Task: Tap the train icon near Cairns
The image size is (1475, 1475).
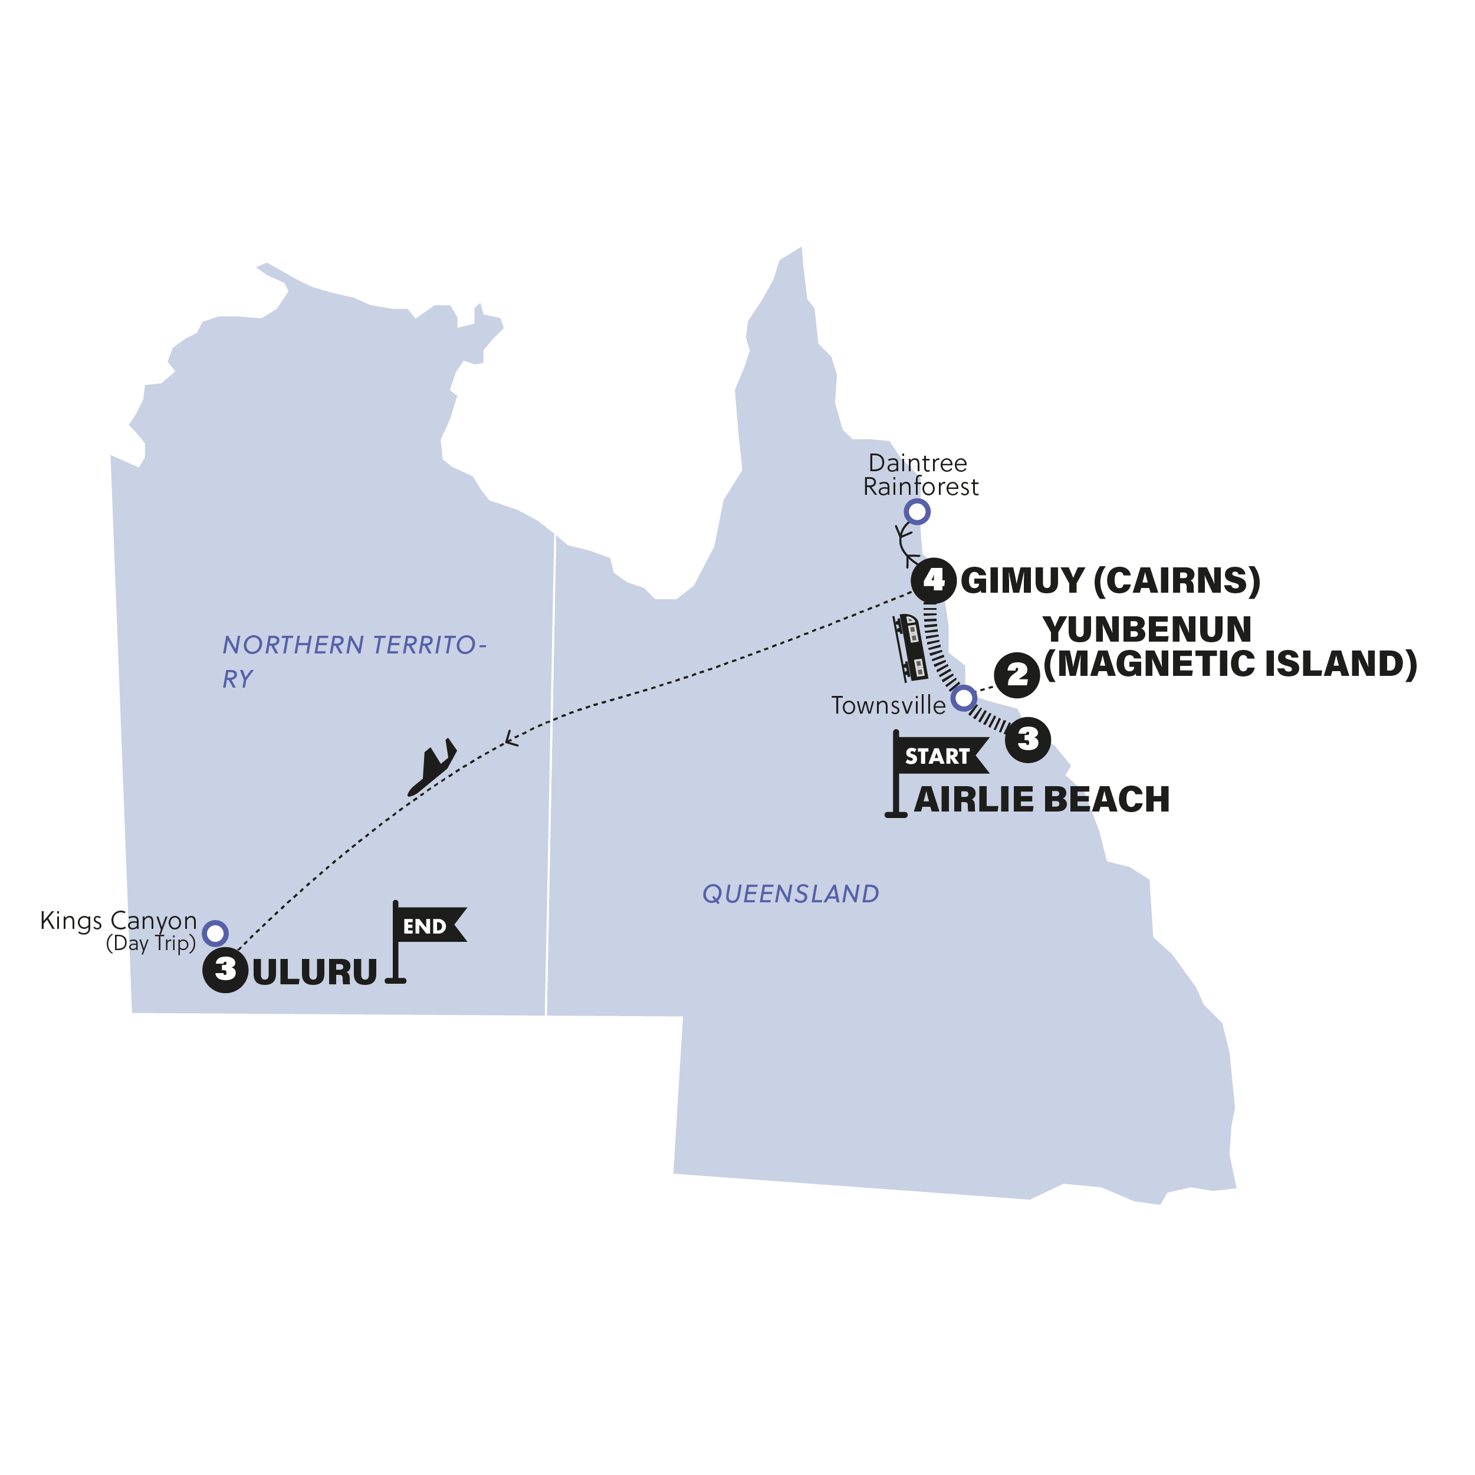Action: pyautogui.click(x=911, y=648)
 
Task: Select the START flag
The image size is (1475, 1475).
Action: pyautogui.click(x=938, y=756)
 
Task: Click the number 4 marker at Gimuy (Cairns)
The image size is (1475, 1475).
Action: pyautogui.click(x=934, y=581)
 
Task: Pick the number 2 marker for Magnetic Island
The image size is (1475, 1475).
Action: pyautogui.click(x=1017, y=675)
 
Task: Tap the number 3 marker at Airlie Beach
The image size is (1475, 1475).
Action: pyautogui.click(x=1027, y=738)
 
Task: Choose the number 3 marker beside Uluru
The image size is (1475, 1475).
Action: pyautogui.click(x=225, y=970)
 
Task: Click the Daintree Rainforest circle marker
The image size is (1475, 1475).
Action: pyautogui.click(x=917, y=511)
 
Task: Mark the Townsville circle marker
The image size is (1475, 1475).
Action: pyautogui.click(x=964, y=697)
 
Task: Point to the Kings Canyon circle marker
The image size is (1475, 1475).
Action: pyautogui.click(x=215, y=933)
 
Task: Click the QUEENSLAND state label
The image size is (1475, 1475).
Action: pyautogui.click(x=790, y=894)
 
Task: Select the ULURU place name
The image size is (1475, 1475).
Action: pyautogui.click(x=314, y=972)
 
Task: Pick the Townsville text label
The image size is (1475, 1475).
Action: pyautogui.click(x=888, y=705)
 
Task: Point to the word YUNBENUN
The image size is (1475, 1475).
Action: pyautogui.click(x=1147, y=630)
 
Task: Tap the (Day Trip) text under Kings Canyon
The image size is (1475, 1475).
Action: pyautogui.click(x=150, y=944)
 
